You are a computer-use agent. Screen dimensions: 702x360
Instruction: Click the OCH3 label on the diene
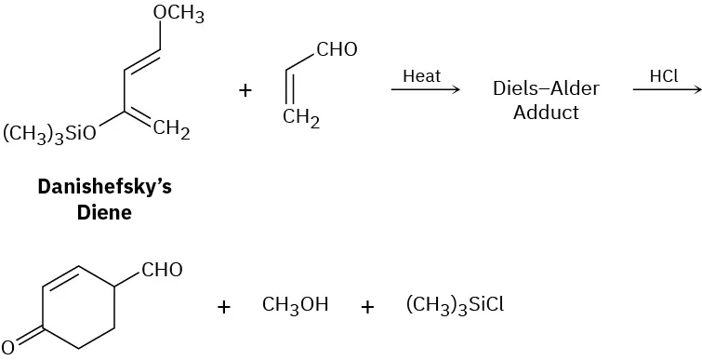tap(179, 15)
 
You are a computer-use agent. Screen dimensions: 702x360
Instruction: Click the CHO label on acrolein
tap(337, 50)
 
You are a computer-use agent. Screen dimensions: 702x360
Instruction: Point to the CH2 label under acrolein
tap(301, 120)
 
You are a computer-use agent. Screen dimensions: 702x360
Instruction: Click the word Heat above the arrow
tap(421, 76)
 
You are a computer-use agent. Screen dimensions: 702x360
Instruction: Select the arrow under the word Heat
tap(425, 90)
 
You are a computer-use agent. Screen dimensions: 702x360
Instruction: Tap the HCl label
tap(664, 76)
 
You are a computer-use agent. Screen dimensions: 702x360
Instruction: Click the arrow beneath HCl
tap(665, 90)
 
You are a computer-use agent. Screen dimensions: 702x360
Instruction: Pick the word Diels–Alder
tap(546, 89)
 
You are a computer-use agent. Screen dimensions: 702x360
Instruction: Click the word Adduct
tap(546, 113)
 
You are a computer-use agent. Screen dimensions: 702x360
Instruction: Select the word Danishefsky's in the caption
tap(104, 187)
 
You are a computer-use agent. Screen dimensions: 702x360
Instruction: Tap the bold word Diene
tap(104, 211)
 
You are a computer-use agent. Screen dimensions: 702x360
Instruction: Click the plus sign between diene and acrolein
tap(245, 90)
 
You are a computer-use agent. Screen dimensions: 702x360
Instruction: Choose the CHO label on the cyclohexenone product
tap(163, 271)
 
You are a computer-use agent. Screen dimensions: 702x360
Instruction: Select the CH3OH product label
tap(296, 305)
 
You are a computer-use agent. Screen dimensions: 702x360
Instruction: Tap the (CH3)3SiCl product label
tap(455, 305)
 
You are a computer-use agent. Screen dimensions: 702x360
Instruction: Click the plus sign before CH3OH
tap(224, 306)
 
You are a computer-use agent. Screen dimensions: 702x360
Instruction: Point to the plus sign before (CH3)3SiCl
tap(367, 306)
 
